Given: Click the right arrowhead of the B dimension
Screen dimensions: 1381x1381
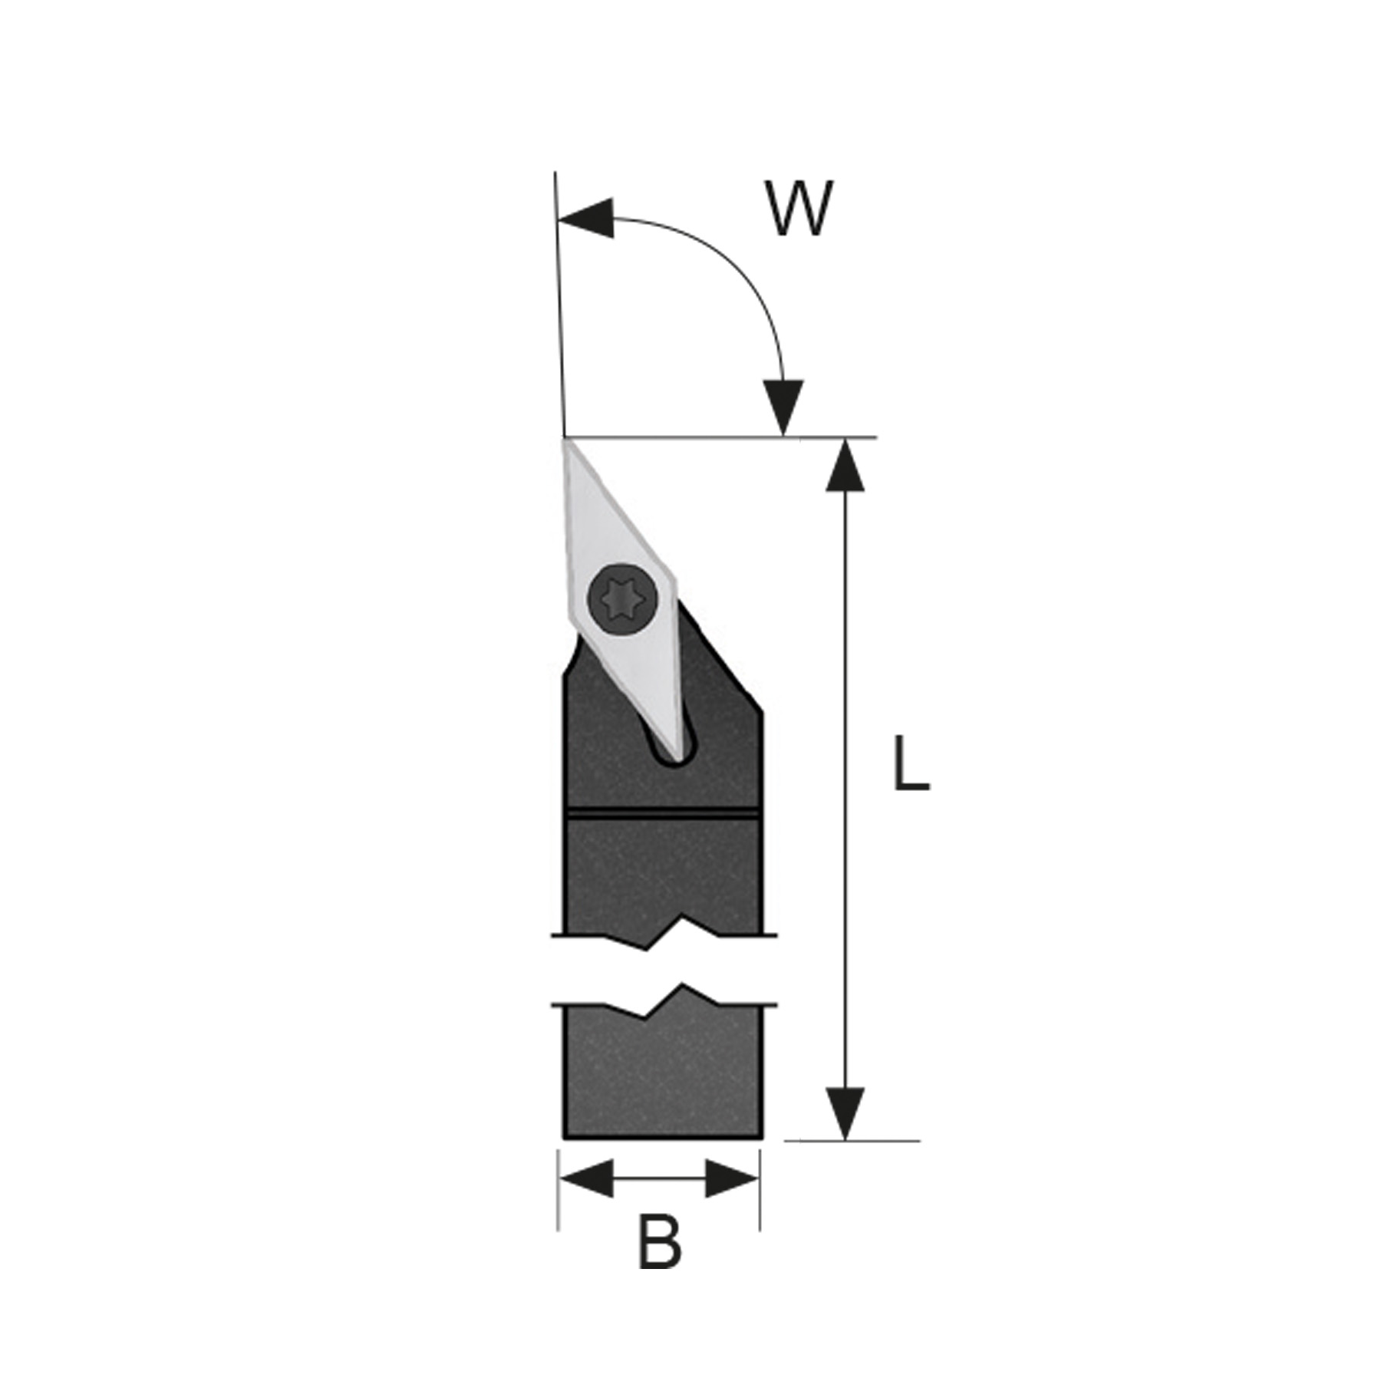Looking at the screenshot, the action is pyautogui.click(x=732, y=1199).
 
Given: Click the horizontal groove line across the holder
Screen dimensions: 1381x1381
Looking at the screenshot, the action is pyautogui.click(x=662, y=811).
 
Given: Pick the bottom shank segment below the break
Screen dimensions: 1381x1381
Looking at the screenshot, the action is pyautogui.click(x=662, y=1074).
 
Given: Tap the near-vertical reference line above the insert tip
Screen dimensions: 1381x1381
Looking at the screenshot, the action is pyautogui.click(x=559, y=305).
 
